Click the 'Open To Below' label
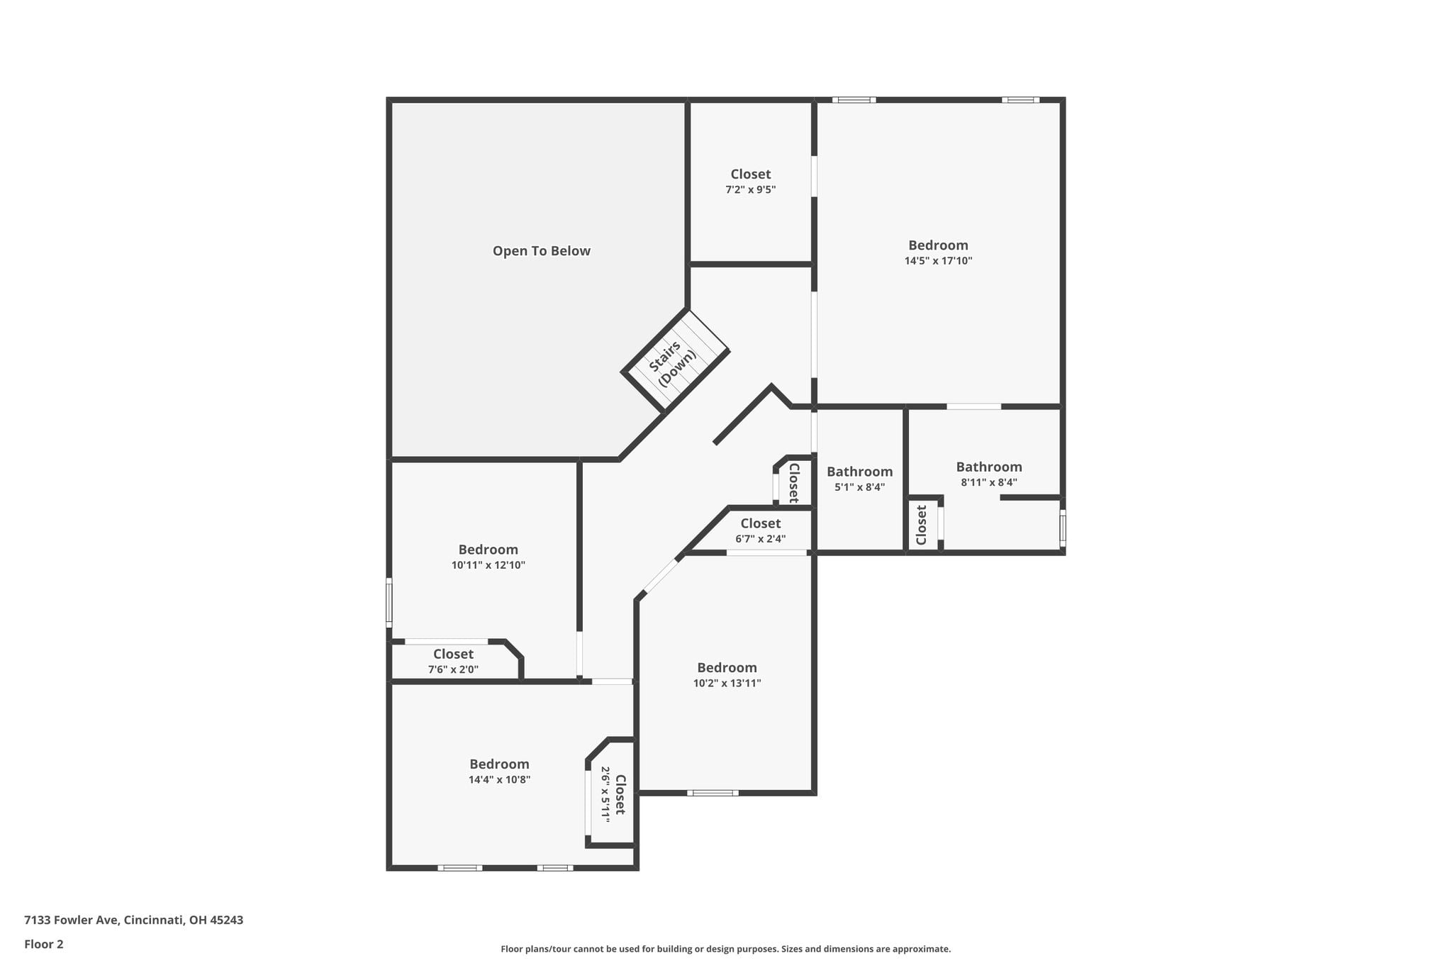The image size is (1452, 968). [541, 251]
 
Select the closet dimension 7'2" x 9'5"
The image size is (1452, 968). [750, 190]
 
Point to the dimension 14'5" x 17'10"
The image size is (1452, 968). [938, 261]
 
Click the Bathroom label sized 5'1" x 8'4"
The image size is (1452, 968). [859, 472]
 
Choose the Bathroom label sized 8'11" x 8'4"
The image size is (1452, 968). [989, 467]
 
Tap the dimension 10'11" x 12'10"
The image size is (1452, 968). [488, 566]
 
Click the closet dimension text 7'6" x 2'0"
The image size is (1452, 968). [453, 669]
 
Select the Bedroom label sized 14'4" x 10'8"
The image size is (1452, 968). [499, 764]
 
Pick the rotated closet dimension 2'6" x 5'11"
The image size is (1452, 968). [605, 794]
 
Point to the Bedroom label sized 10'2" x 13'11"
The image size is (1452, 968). [727, 668]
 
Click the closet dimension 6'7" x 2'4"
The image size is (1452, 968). [760, 539]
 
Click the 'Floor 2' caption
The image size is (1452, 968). [44, 944]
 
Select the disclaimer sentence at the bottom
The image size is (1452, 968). [725, 949]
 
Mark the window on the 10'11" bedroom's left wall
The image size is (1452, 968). [389, 603]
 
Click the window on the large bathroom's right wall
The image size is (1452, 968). [1062, 528]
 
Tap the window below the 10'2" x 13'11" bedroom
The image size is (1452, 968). [713, 793]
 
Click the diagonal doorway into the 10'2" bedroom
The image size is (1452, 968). [660, 577]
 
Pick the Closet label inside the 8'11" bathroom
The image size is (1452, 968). [922, 525]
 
